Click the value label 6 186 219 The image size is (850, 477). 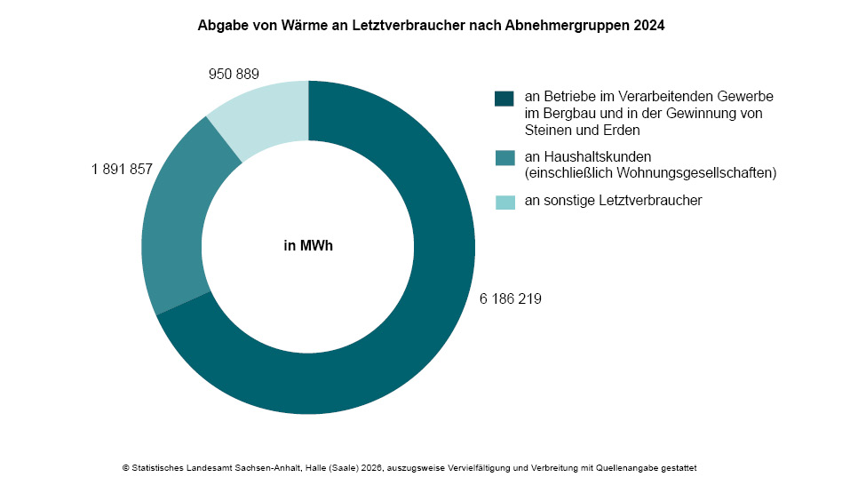[511, 298]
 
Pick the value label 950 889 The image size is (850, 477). [234, 74]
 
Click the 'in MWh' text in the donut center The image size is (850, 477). [307, 247]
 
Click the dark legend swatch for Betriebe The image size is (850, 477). [504, 99]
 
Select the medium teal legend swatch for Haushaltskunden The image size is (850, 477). [504, 158]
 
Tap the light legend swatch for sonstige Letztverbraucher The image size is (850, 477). [504, 202]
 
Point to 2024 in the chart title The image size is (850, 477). [649, 27]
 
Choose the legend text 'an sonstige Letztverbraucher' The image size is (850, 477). [613, 201]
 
